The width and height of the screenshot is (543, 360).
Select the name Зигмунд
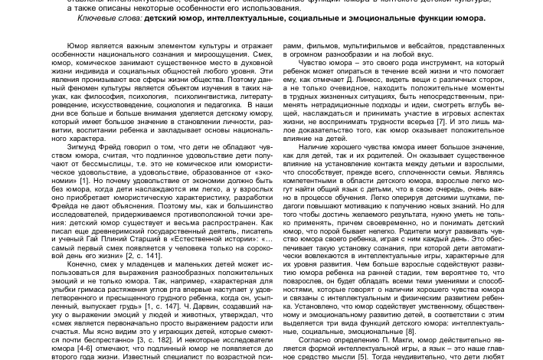coord(83,146)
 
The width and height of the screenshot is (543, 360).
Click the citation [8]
coord(411,331)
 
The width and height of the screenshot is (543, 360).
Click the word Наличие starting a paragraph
coord(315,146)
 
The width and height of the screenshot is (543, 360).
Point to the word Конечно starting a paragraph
coord(83,264)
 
